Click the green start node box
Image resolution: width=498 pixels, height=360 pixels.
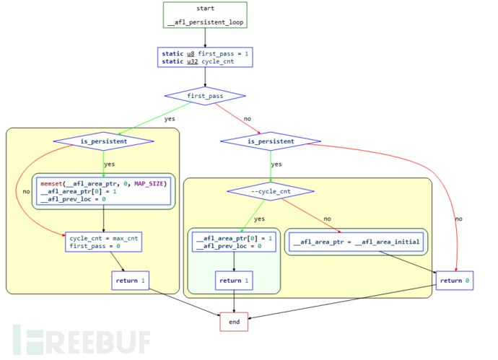tap(205, 15)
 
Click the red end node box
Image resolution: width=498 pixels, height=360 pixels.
tap(234, 322)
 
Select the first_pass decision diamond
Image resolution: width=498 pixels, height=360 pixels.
tap(205, 95)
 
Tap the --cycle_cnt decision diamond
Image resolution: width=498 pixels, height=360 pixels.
tap(271, 191)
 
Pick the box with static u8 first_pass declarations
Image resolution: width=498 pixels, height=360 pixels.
tap(205, 57)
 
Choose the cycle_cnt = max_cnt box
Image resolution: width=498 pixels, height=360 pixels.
tap(103, 242)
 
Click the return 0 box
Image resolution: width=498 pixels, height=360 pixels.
tap(454, 280)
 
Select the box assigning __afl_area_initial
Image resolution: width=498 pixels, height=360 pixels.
tap(357, 242)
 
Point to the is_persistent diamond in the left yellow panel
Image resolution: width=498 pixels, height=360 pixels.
tap(103, 141)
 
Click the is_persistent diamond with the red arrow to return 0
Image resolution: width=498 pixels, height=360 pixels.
tap(271, 141)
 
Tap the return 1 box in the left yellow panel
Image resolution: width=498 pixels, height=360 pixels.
tap(130, 280)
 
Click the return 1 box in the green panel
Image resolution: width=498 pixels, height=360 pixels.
tap(234, 280)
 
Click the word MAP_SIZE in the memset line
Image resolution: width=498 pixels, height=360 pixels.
tap(150, 183)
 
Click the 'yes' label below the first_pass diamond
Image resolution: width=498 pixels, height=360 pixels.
tap(170, 118)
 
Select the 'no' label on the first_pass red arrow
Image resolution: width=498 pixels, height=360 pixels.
tap(247, 118)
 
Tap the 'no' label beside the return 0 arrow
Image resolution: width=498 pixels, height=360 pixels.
tap(459, 219)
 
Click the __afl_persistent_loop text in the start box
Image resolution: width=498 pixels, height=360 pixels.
tap(205, 22)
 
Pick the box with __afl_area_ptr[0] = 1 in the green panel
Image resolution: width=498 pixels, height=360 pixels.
tap(234, 242)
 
